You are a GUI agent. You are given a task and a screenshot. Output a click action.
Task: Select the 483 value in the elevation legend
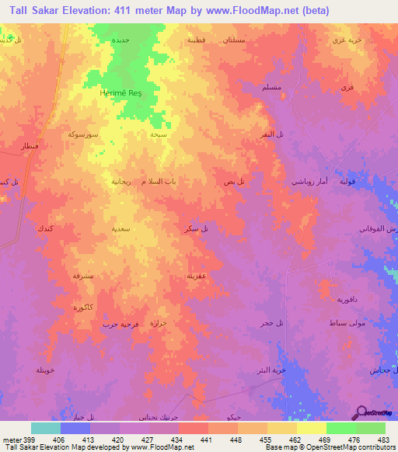pyautogui.click(x=384, y=439)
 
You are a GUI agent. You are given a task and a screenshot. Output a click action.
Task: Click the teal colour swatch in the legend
pyautogui.click(x=46, y=428)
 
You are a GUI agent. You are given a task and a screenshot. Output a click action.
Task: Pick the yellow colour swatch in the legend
pyautogui.click(x=312, y=428)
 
